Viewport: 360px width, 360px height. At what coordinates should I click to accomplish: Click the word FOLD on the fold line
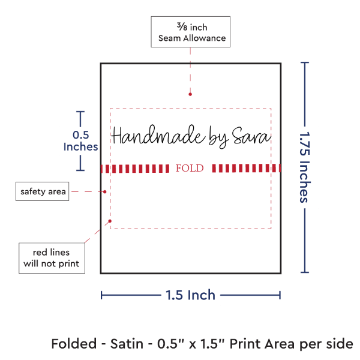point(190,168)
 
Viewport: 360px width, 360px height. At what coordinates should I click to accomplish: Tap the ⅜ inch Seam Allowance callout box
point(191,32)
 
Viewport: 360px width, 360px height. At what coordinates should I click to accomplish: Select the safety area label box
point(42,191)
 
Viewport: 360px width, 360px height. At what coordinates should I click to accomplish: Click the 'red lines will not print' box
point(52,258)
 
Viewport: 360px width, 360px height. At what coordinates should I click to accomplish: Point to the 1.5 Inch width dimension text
point(190,295)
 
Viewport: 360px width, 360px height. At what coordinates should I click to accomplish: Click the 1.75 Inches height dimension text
point(305,167)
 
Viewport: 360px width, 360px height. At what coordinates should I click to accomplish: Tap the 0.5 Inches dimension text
point(80,141)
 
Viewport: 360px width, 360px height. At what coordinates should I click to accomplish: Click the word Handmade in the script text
point(158,135)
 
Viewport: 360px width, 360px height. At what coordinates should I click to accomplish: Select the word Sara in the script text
point(251,136)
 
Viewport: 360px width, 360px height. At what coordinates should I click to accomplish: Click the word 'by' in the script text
point(219,137)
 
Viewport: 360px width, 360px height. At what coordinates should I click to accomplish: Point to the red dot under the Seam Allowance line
point(190,94)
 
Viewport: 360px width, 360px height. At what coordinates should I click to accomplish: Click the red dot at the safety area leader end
point(104,192)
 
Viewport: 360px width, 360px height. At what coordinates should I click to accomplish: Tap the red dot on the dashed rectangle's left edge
point(110,221)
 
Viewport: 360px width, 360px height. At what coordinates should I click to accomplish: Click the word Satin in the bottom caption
point(127,344)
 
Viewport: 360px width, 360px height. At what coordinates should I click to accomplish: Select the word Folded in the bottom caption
point(74,344)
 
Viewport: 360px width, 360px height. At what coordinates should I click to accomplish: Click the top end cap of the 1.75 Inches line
point(305,62)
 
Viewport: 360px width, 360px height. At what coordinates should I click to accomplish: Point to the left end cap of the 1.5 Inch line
point(101,295)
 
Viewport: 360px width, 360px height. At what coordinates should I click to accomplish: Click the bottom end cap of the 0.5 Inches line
point(80,170)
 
